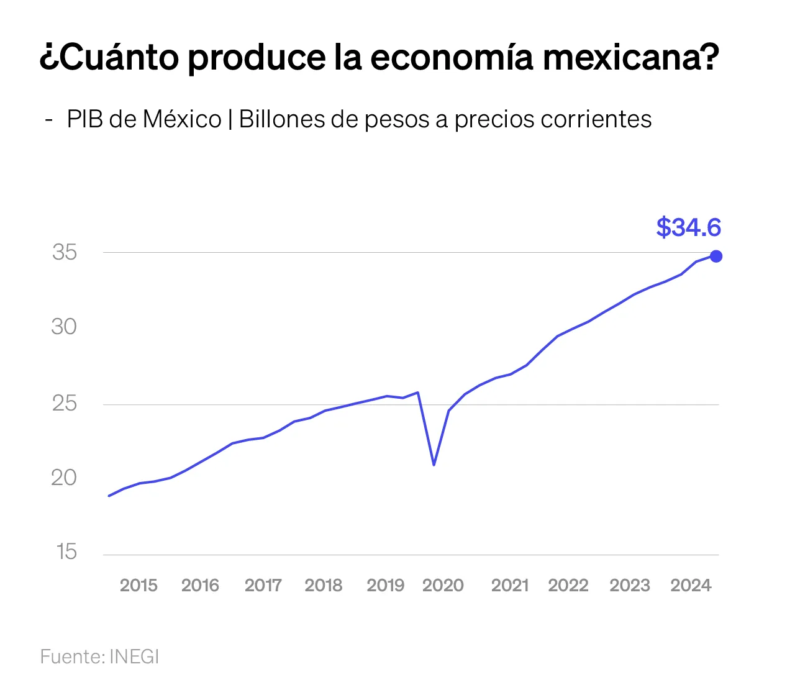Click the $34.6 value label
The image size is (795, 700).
point(688,227)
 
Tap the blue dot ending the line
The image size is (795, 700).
point(716,256)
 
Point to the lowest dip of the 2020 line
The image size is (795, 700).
point(434,465)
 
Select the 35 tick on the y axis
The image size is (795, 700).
point(65,252)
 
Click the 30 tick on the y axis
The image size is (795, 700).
point(64,327)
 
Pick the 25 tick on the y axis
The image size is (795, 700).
point(64,404)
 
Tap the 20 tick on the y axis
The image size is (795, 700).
point(64,478)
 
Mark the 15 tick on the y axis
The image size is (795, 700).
point(66,552)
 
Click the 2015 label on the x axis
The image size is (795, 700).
point(139,585)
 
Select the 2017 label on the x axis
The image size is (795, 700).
point(263,585)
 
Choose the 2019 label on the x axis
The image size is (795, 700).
point(385,585)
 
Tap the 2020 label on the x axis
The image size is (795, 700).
point(443,585)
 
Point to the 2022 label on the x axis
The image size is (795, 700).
point(568,585)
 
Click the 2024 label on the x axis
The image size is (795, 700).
point(691,585)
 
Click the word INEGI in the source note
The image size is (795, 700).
point(134,657)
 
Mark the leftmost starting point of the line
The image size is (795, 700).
point(109,496)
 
